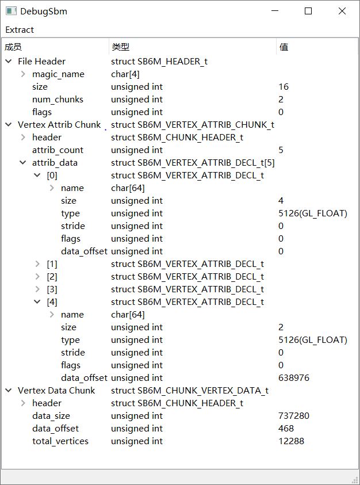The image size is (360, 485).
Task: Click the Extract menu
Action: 20,30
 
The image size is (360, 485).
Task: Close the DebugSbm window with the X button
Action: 342,11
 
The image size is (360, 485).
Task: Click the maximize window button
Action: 308,11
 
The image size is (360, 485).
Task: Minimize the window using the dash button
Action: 275,11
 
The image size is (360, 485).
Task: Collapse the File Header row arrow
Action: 9,61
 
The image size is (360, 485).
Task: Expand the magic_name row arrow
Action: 23,74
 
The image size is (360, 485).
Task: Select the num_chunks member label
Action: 58,100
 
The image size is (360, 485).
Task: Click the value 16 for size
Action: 284,87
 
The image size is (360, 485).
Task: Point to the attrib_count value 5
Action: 281,150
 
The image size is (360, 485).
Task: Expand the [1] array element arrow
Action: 37,264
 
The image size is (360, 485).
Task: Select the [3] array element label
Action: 52,289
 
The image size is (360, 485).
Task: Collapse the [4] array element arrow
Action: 37,301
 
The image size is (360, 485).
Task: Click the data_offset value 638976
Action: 294,377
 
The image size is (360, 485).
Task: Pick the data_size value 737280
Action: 294,416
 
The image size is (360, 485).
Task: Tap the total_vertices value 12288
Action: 291,441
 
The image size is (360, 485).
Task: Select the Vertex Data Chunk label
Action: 56,390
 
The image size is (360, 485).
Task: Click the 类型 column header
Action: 121,47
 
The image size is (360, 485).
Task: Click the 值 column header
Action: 284,47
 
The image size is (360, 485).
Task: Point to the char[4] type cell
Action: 125,74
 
